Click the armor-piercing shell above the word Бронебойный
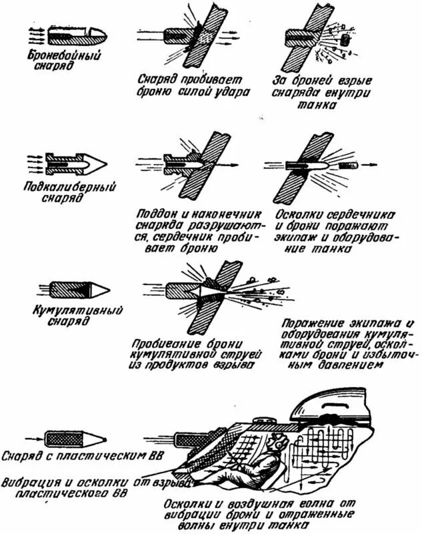[63, 33]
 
